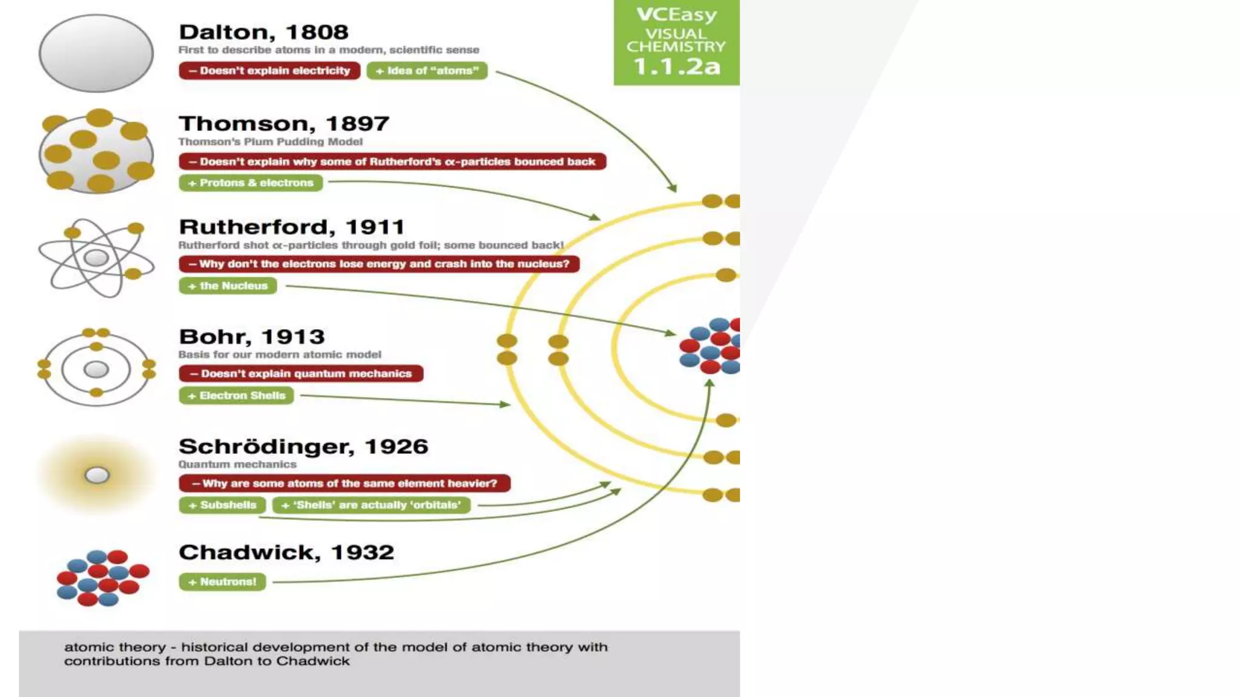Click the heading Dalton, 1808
[x=263, y=32]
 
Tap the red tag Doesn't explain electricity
[x=269, y=71]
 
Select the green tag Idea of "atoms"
[x=427, y=71]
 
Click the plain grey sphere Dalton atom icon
[x=96, y=53]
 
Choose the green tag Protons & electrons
[x=251, y=183]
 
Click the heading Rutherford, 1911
[x=291, y=227]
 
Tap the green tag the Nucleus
[x=228, y=286]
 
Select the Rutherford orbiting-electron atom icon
[x=96, y=258]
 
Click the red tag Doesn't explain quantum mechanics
[x=301, y=373]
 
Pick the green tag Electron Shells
[x=236, y=396]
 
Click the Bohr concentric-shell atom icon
[x=96, y=368]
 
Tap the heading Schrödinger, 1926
[x=303, y=447]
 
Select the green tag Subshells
[x=222, y=505]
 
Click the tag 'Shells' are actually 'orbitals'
[x=371, y=505]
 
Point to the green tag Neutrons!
[x=222, y=582]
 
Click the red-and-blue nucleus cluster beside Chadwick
[x=102, y=577]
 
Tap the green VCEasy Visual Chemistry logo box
[x=676, y=42]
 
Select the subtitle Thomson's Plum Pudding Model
[x=270, y=142]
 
